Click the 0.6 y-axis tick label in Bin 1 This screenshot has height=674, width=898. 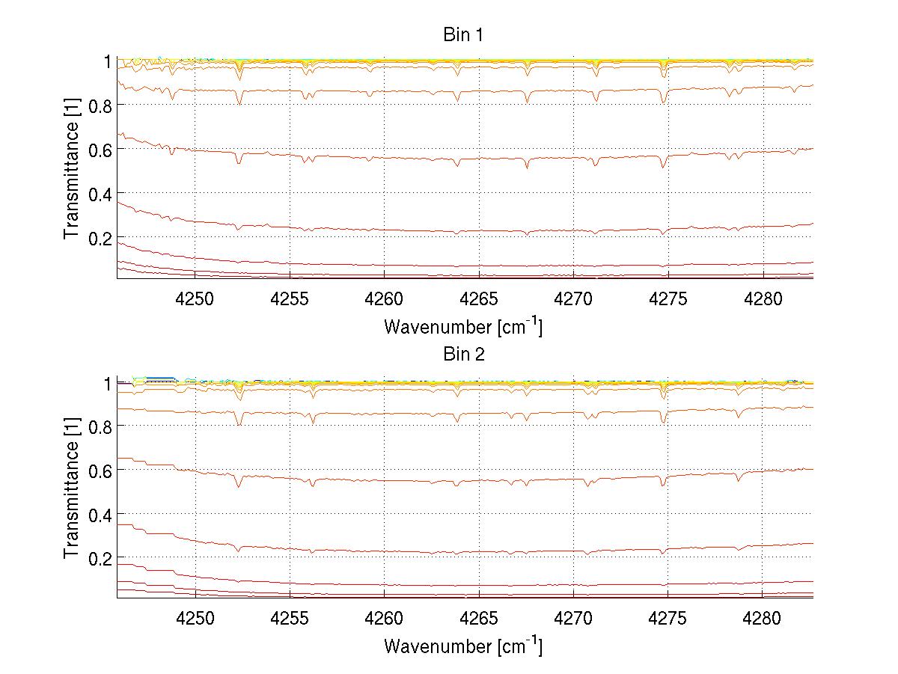100,150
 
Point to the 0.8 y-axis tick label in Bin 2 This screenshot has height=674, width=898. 100,426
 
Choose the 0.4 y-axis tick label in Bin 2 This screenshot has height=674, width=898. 100,514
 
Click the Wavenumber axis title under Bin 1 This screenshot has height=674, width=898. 463,326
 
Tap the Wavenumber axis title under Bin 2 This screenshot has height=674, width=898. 463,646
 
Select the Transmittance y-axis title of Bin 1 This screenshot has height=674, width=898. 72,169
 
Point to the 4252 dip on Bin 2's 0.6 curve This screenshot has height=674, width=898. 239,486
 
